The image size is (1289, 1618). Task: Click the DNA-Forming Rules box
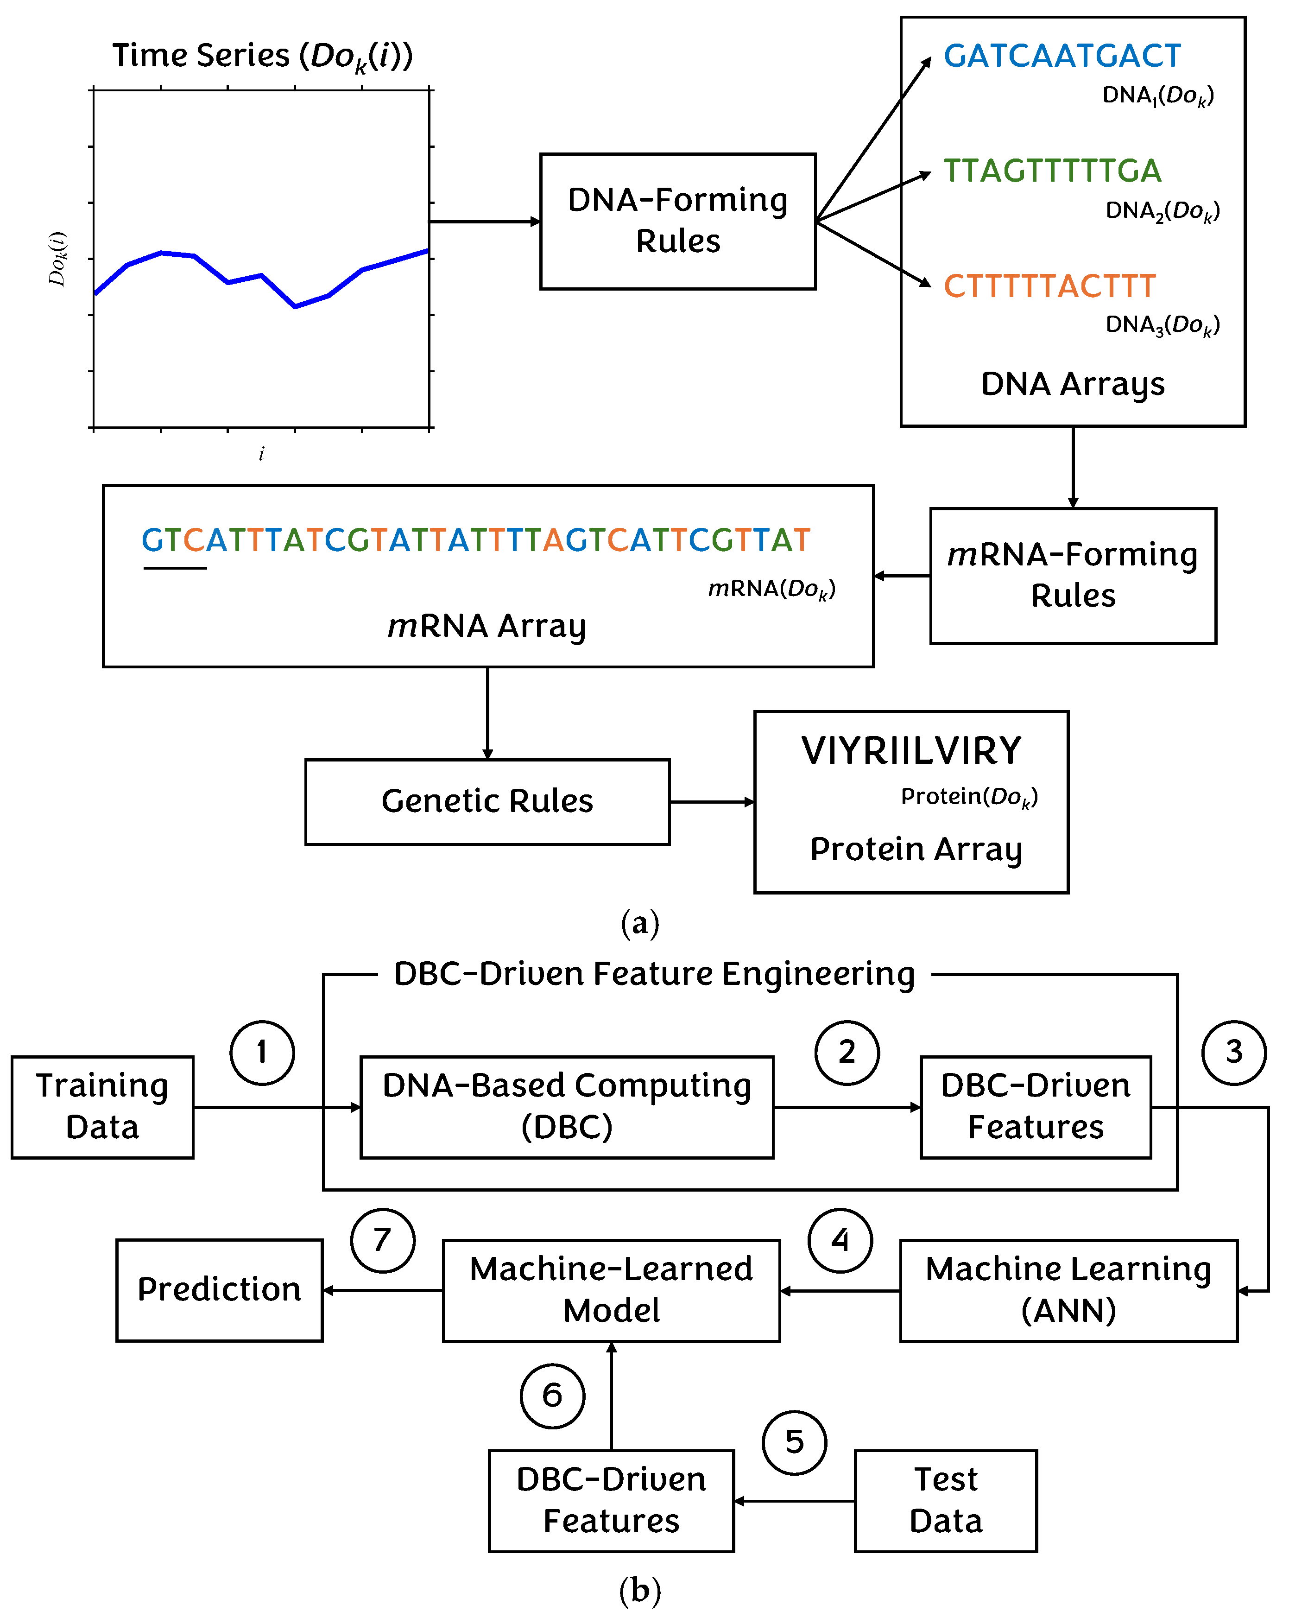677,222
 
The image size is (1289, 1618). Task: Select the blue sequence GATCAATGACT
1062,56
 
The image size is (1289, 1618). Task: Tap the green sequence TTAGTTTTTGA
1052,171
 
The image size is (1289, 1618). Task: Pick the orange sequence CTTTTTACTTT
1049,286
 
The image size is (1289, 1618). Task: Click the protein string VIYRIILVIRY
911,750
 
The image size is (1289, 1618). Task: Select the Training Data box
103,1107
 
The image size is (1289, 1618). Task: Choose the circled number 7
383,1241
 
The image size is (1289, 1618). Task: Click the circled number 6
552,1396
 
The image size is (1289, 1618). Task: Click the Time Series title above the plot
262,56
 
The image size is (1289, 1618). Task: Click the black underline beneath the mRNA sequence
175,568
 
